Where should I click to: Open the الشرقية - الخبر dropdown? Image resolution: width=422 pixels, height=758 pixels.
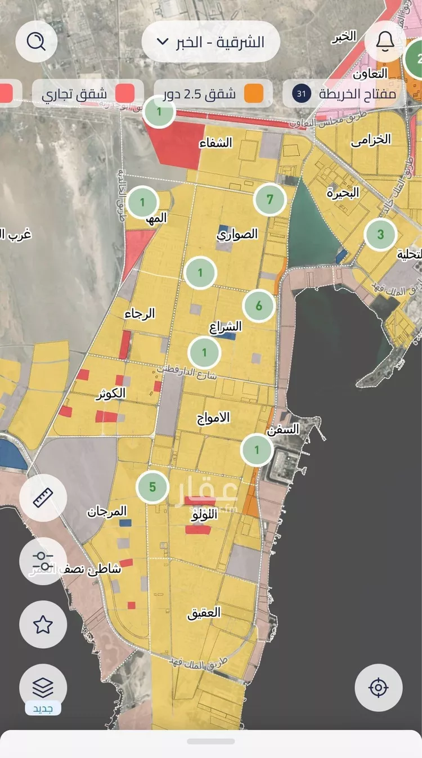(x=210, y=42)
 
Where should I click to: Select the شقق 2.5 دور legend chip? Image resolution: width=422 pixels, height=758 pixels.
(x=214, y=93)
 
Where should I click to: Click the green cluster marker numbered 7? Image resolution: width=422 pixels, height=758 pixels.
(x=270, y=200)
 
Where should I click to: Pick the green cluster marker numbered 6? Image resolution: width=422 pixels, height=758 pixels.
(x=259, y=306)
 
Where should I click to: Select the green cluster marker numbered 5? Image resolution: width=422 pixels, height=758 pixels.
(x=152, y=487)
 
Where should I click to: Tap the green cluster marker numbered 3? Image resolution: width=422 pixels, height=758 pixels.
(x=380, y=235)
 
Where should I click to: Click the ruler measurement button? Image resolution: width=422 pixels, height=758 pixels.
(x=43, y=497)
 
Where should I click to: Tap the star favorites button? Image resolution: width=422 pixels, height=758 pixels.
(x=43, y=624)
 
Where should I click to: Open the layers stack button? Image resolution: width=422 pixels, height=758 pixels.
(x=43, y=687)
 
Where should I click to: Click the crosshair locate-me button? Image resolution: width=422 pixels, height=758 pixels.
(x=378, y=688)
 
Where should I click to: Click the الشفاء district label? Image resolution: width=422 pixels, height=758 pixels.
(x=216, y=142)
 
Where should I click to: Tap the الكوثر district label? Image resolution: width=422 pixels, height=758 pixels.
(x=111, y=393)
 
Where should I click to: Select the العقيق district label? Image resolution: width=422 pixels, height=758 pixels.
(x=204, y=612)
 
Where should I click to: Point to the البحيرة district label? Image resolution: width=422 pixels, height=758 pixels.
(x=343, y=193)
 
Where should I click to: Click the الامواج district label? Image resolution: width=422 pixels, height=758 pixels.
(x=213, y=418)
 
